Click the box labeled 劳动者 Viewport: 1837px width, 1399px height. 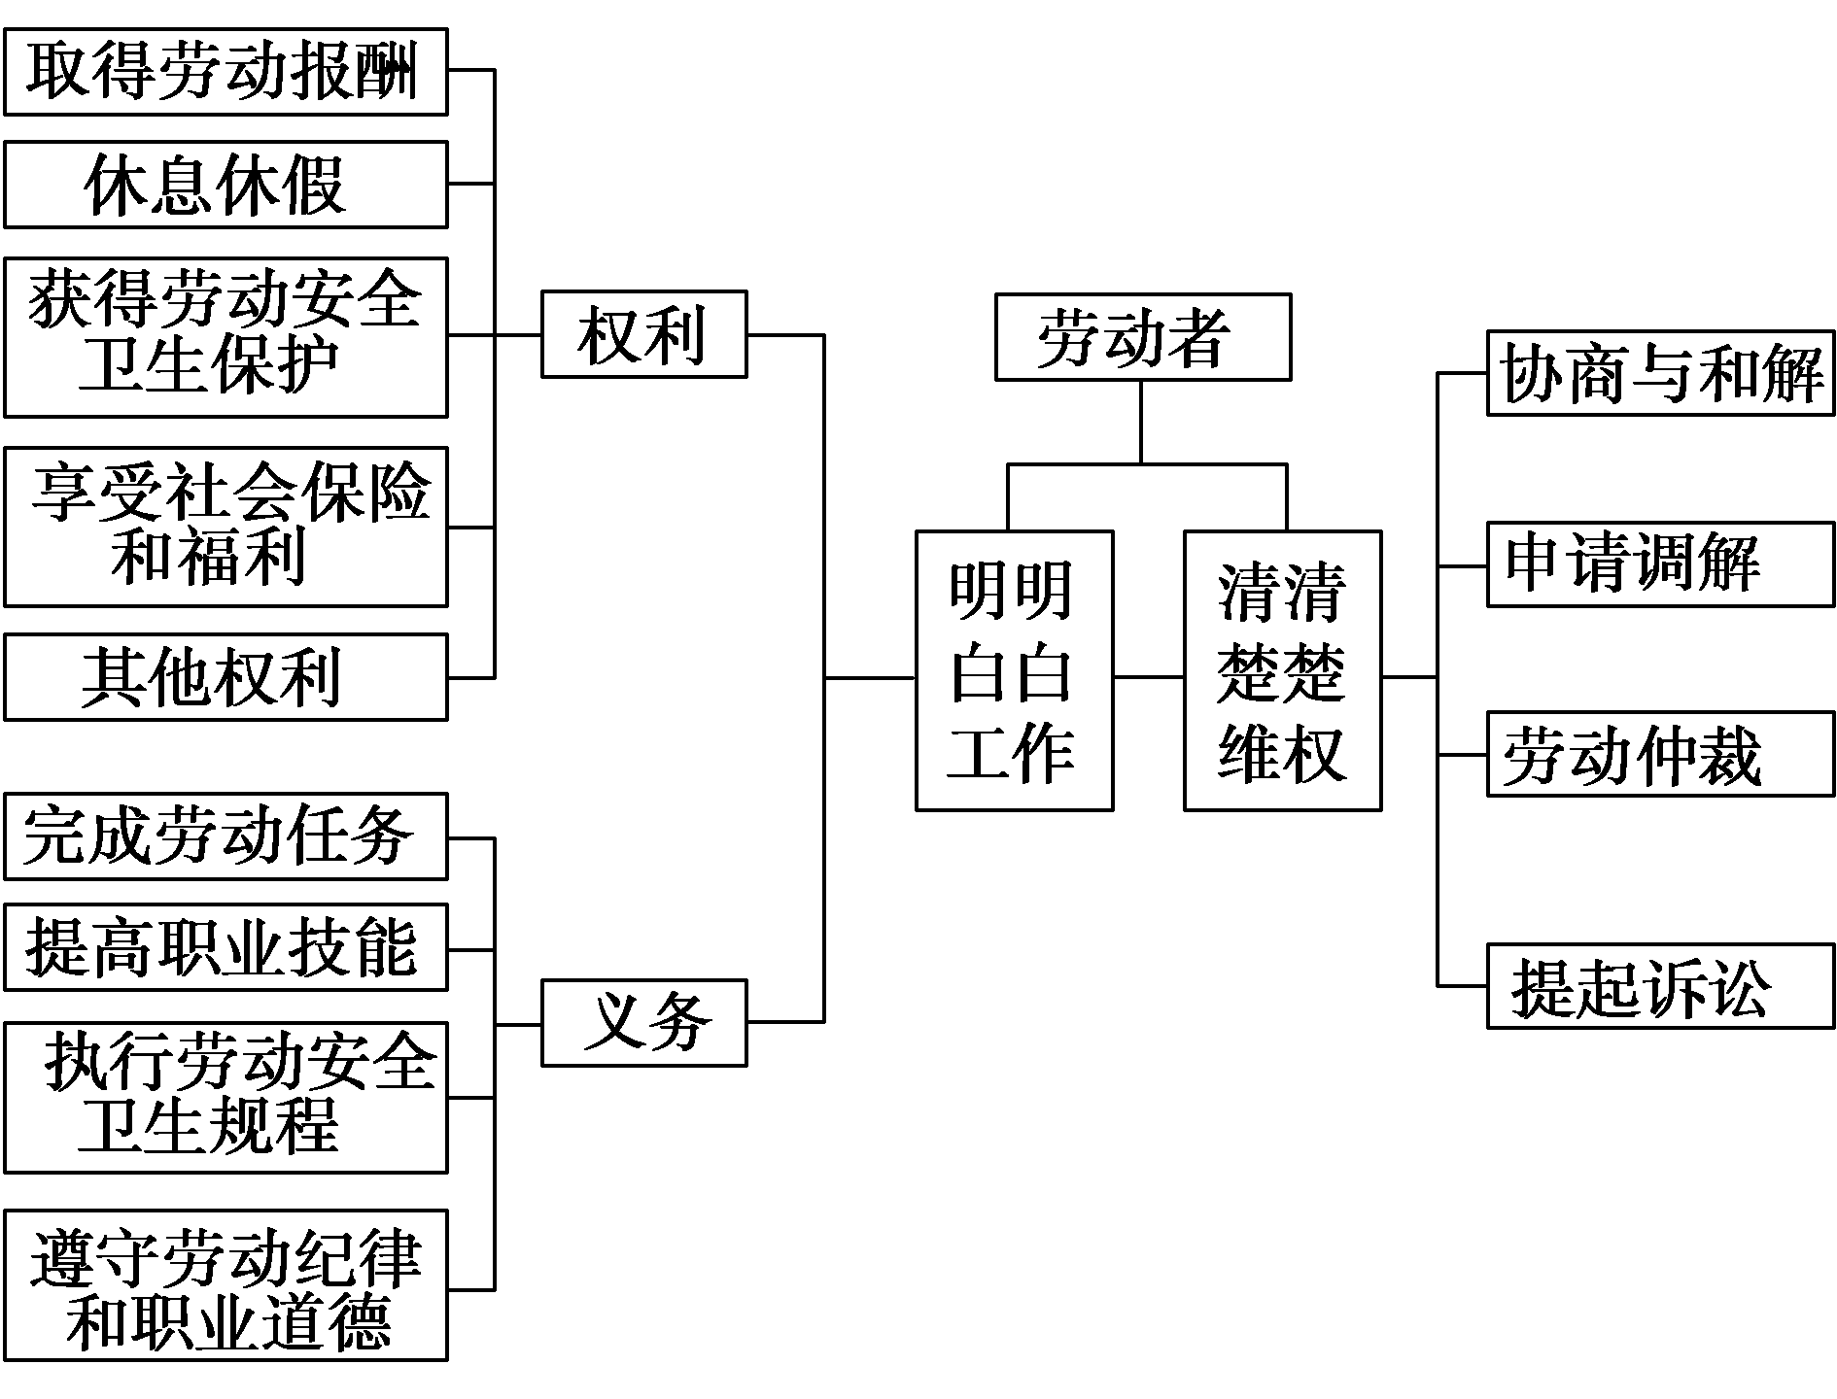1142,337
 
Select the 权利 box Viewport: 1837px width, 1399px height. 643,334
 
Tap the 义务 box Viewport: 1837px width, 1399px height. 643,1023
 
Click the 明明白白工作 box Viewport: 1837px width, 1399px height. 1014,670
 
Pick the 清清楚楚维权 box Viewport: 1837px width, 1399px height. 1282,670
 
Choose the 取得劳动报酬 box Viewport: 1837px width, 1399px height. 225,72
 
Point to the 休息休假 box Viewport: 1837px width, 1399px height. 225,185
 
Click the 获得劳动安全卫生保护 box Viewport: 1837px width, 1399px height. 225,337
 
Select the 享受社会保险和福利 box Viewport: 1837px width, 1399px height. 225,527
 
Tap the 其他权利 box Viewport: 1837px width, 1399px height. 225,677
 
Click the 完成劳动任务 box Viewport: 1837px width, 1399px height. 225,836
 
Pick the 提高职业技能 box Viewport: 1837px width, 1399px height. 225,947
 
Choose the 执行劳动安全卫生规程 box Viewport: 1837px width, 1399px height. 225,1097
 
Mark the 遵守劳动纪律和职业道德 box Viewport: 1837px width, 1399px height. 225,1284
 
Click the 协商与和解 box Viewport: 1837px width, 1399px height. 1660,373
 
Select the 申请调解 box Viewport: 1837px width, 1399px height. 1660,564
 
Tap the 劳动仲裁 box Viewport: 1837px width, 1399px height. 1660,755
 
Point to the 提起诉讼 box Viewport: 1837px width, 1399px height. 1660,985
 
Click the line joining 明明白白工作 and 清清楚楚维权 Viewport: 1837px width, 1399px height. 1148,677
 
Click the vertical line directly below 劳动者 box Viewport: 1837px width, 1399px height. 1141,422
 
